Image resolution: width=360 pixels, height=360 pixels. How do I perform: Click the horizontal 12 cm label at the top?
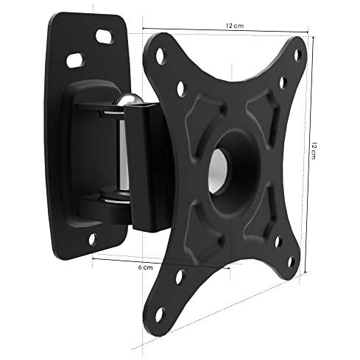point(235,26)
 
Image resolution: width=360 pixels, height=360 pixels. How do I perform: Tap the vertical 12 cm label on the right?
point(314,150)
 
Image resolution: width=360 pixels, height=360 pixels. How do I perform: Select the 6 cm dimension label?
point(145,267)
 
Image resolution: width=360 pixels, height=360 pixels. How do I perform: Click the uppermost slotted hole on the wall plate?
point(104,37)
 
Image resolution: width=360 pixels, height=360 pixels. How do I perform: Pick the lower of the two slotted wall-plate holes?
point(75,60)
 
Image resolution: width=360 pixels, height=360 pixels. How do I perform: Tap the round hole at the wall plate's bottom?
point(92,239)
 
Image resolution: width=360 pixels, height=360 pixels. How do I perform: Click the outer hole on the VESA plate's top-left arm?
point(160,56)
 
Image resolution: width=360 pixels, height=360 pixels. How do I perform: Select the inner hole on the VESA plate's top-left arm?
point(181,88)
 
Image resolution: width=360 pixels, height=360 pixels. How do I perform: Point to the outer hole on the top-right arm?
point(297,55)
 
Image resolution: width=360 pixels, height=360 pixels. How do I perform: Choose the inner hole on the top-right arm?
point(283,83)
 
